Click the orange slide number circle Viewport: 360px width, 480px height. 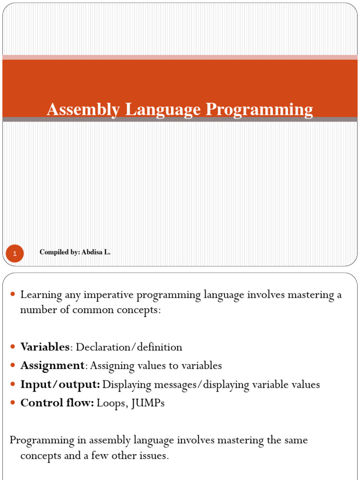click(15, 254)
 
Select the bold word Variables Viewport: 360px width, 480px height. click(45, 347)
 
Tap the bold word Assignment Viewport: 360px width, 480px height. click(52, 366)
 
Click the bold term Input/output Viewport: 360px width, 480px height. click(60, 385)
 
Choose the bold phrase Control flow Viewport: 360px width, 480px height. click(57, 403)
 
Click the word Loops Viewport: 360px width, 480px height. click(110, 403)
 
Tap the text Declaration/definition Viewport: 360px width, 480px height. click(129, 347)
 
